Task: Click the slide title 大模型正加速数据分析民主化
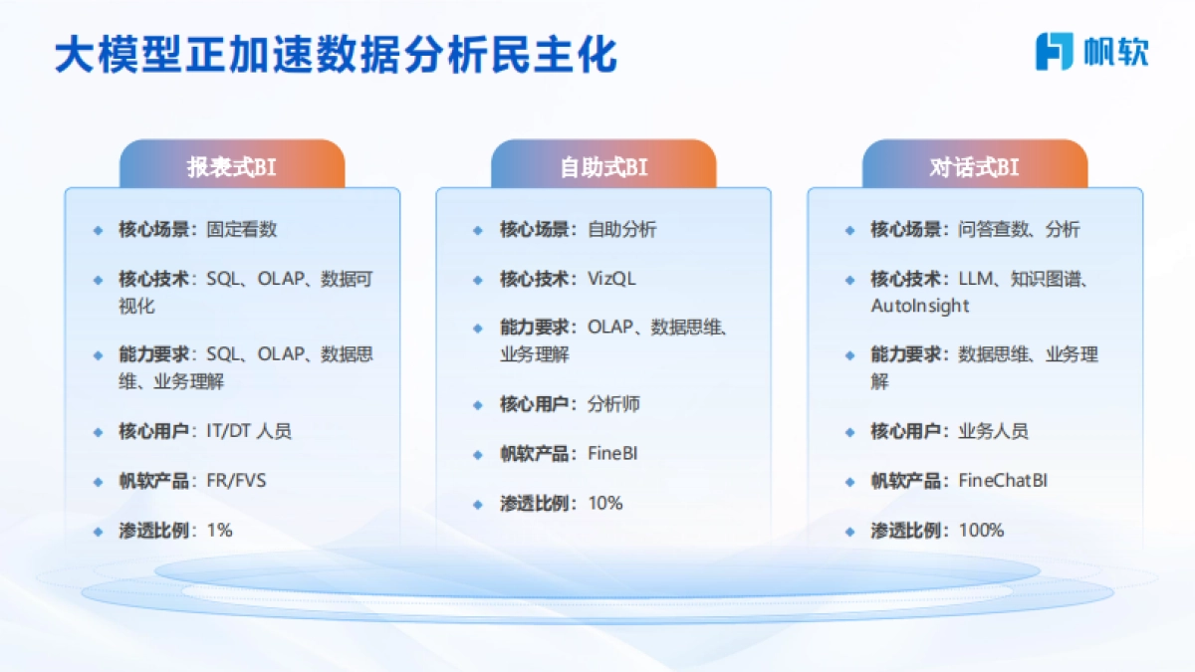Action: (x=336, y=56)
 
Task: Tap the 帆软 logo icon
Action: (x=1054, y=51)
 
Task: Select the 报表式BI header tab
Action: (x=232, y=166)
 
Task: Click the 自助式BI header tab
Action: (x=603, y=166)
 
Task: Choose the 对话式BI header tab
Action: (x=974, y=166)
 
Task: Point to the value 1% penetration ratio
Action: (x=219, y=531)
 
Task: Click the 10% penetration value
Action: (x=604, y=504)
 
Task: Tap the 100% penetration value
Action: (x=981, y=531)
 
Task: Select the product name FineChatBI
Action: (x=1003, y=481)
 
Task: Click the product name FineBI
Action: (x=612, y=454)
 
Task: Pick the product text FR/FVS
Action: (x=236, y=481)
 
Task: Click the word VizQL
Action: (x=610, y=279)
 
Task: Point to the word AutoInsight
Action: (x=919, y=306)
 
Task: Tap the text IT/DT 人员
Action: (x=249, y=431)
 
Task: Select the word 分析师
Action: (x=613, y=404)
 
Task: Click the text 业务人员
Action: (x=993, y=431)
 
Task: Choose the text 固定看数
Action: (x=242, y=229)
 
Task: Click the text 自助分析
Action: (x=621, y=229)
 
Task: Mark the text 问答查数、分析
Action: (x=1019, y=229)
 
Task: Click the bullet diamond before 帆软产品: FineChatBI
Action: (x=849, y=482)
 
